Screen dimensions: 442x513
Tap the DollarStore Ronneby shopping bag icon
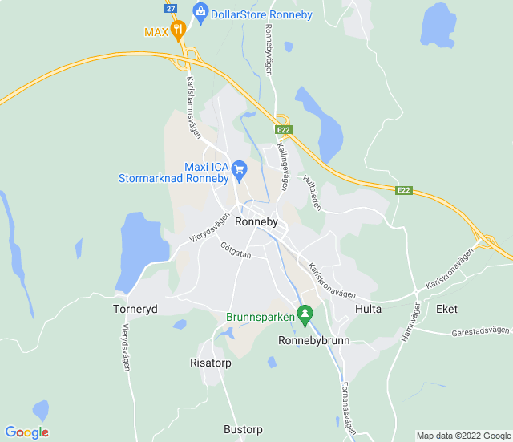point(200,12)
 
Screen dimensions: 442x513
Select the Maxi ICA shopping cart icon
point(238,169)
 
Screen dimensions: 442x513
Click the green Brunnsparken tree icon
point(304,314)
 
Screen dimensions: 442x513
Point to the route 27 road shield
point(171,7)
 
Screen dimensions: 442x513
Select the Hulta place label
point(369,309)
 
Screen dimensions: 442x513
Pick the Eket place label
point(446,309)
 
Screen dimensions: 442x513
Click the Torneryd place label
point(135,309)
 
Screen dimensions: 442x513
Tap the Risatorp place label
point(211,363)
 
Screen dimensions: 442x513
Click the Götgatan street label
point(236,250)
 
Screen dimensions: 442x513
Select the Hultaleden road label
point(313,193)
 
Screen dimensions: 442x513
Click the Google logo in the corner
point(27,432)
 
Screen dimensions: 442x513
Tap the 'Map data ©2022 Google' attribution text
point(463,436)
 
